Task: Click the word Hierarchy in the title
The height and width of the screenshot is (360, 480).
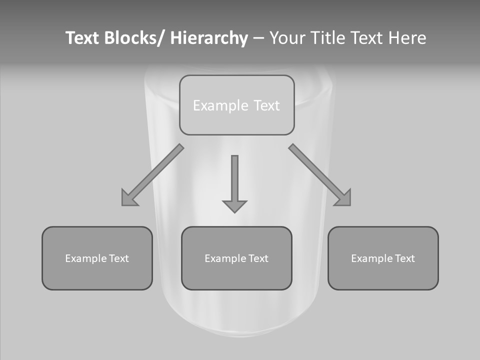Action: (209, 38)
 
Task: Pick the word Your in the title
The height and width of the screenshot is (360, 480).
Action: (287, 38)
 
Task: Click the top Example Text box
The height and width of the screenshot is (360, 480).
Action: (236, 105)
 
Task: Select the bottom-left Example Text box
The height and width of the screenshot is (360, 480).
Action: (97, 258)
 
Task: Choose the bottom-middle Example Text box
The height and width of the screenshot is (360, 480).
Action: (236, 258)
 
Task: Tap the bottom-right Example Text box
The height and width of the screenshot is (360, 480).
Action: (383, 258)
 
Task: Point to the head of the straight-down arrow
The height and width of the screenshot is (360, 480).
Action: (234, 205)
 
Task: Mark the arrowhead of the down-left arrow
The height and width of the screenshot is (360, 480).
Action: (129, 198)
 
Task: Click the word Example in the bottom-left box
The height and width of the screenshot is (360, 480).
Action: (86, 258)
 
